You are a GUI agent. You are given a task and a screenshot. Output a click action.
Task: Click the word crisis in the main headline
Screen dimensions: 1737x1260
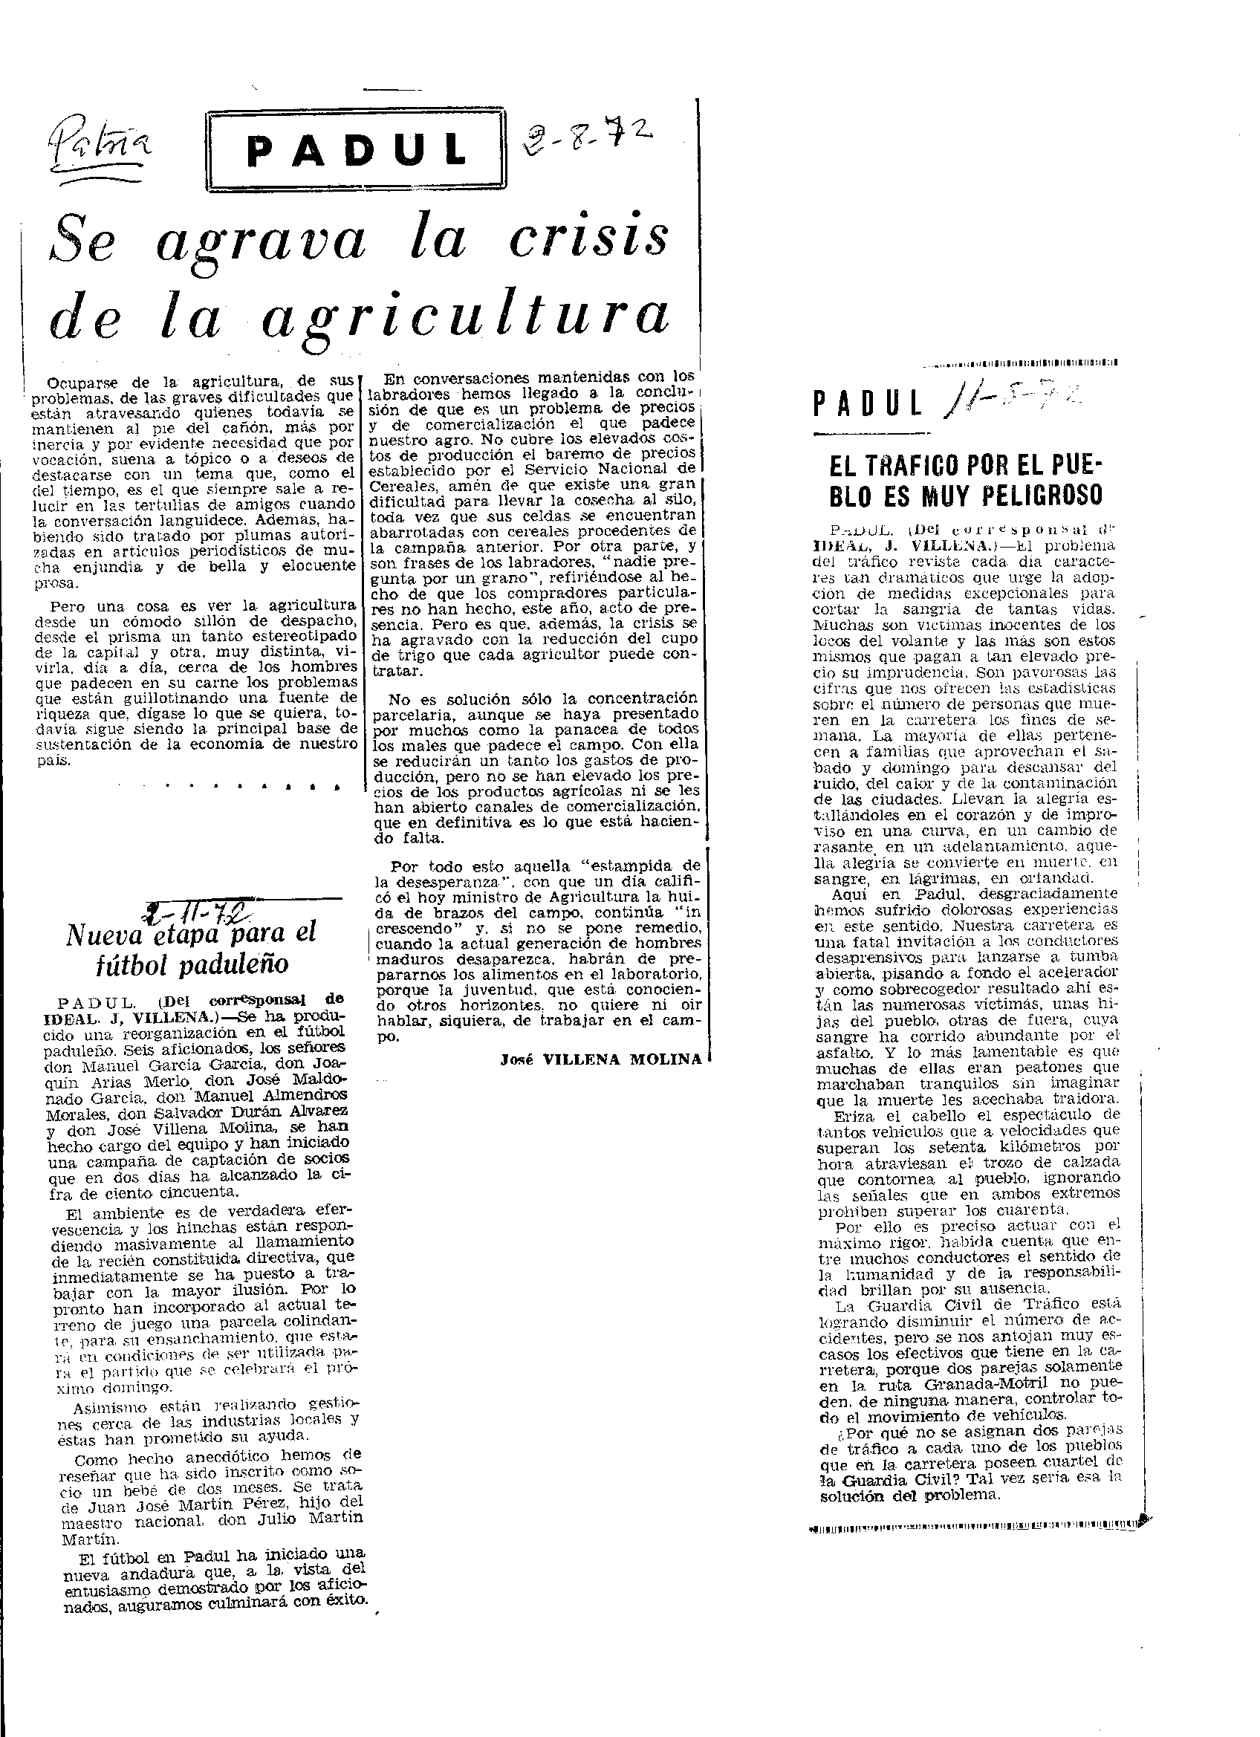(589, 237)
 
